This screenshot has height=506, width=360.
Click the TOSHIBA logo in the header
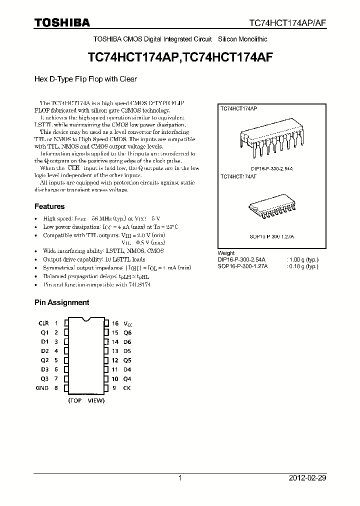(61, 22)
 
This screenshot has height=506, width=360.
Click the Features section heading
(49, 206)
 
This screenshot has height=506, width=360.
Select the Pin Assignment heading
(61, 302)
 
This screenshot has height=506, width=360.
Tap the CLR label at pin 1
(43, 323)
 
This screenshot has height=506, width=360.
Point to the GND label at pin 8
(42, 387)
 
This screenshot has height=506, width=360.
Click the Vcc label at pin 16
(127, 324)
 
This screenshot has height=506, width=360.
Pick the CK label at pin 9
(127, 387)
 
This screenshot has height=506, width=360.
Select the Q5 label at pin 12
(127, 360)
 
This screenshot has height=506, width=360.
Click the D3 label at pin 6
(44, 369)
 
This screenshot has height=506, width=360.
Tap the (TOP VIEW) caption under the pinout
(86, 400)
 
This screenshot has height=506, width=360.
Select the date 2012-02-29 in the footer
(307, 478)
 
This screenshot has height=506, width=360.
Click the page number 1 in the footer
(180, 478)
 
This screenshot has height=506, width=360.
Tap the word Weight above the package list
(226, 253)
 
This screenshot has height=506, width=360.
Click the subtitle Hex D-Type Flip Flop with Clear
(85, 79)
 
